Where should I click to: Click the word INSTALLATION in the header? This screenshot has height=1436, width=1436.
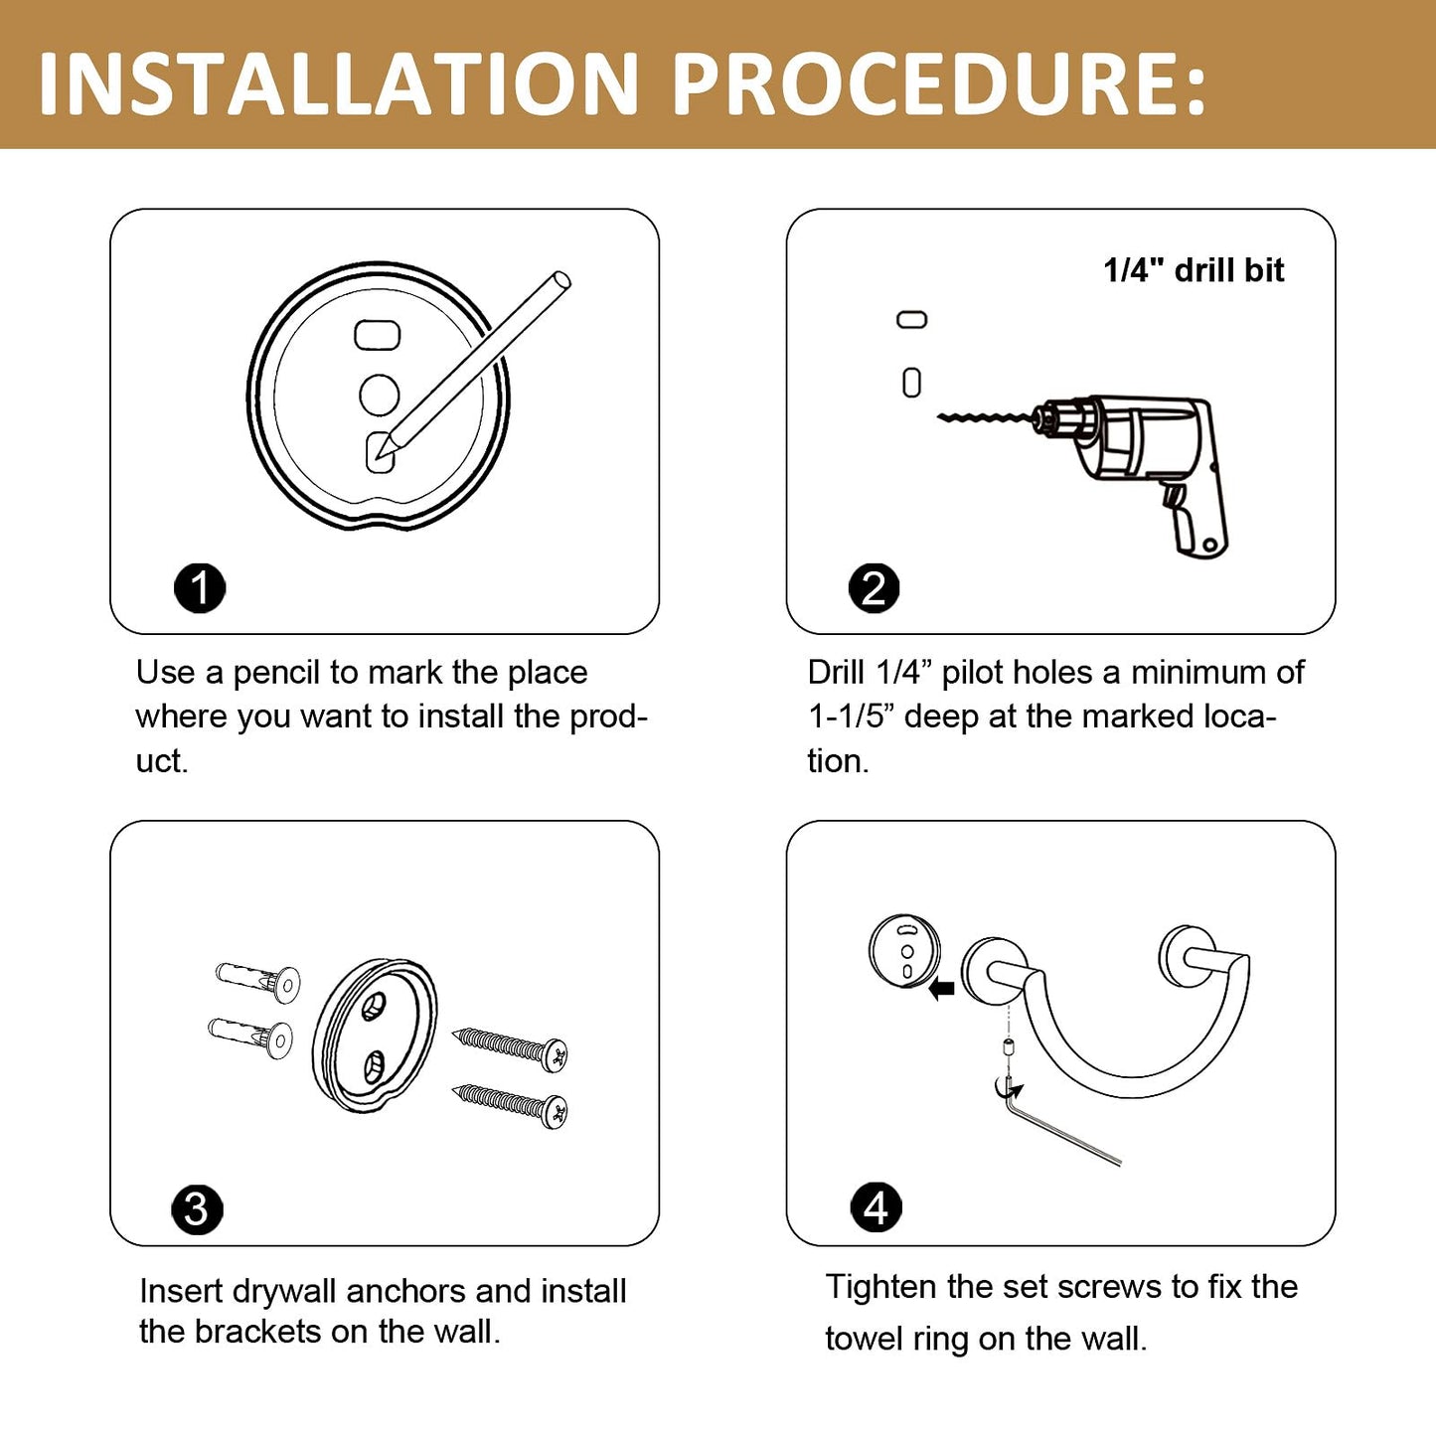pyautogui.click(x=338, y=83)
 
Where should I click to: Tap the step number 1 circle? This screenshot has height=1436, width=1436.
pyautogui.click(x=200, y=588)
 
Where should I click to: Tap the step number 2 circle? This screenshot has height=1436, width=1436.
pyautogui.click(x=875, y=588)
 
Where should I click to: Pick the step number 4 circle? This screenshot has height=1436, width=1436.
pyautogui.click(x=876, y=1207)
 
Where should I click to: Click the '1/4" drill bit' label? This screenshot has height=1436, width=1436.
pyautogui.click(x=1194, y=270)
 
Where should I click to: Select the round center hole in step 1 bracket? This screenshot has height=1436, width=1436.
pyautogui.click(x=380, y=395)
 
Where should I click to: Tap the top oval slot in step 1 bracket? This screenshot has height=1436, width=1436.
pyautogui.click(x=378, y=335)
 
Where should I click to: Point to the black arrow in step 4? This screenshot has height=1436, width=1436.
pyautogui.click(x=942, y=990)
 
